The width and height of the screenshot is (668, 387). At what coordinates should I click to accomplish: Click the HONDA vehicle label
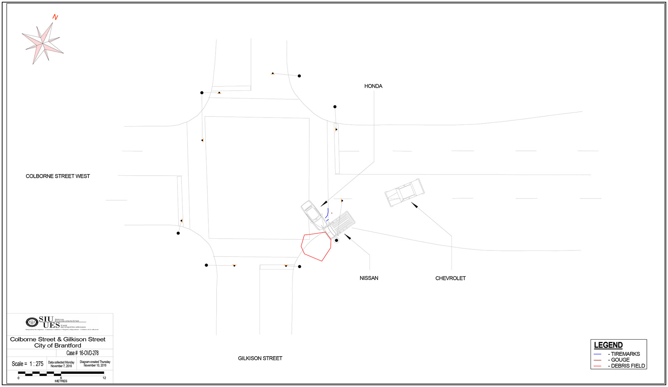coord(373,86)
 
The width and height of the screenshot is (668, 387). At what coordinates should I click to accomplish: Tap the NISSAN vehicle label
coord(369,278)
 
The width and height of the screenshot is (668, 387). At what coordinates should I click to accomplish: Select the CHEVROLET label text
coord(450,278)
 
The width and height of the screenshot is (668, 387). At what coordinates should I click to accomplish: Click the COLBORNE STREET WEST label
coord(58,176)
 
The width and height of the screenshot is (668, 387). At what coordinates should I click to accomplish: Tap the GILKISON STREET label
coord(260,358)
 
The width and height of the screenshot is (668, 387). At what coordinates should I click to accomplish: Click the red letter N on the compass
coord(55,17)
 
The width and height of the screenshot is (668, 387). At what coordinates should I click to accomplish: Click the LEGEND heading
coord(608,345)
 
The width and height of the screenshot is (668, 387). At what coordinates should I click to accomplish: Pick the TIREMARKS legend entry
coord(625,354)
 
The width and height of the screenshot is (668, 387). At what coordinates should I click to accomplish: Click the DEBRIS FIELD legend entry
coord(628,366)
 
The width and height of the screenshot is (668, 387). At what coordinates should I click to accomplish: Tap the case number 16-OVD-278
coord(89,353)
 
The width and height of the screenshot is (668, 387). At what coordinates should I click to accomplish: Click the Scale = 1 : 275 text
coord(27,364)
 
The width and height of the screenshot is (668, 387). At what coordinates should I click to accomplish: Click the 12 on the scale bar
coord(104,378)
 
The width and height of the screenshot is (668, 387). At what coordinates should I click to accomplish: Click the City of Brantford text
coord(58,345)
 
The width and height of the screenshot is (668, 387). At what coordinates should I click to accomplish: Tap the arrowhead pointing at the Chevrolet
coord(414,205)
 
